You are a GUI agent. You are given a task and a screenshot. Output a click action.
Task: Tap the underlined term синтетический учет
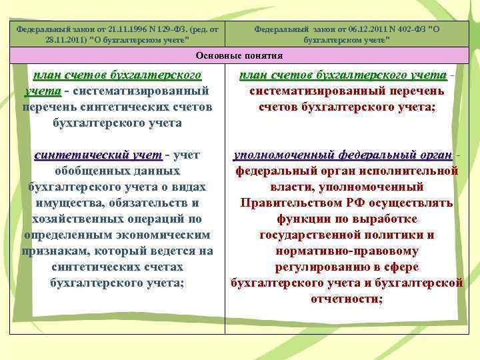tap(98, 155)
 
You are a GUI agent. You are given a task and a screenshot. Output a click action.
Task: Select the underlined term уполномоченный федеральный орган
tap(341, 155)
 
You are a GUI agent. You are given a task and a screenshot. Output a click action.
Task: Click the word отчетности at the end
tap(344, 299)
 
